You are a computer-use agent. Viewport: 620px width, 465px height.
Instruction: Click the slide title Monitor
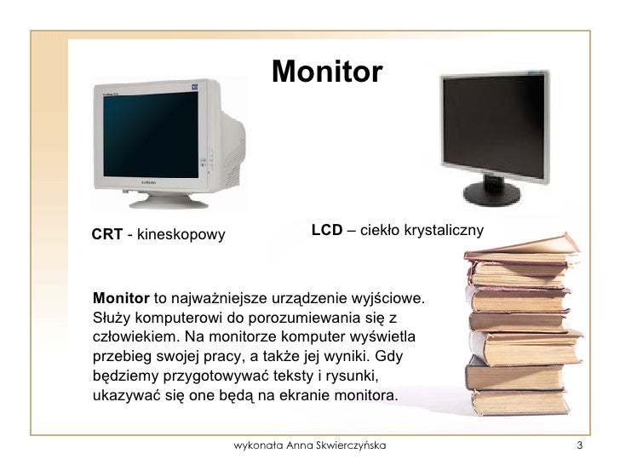click(328, 72)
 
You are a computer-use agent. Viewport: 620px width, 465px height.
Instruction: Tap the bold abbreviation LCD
click(326, 230)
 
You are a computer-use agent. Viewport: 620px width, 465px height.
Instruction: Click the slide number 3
click(579, 445)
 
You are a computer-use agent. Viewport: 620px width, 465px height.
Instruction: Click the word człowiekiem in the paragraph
click(129, 336)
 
